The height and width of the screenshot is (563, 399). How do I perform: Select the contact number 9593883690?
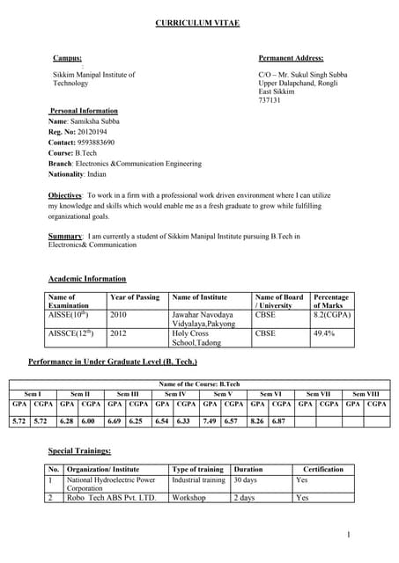click(x=94, y=142)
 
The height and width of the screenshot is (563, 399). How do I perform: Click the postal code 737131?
click(x=269, y=101)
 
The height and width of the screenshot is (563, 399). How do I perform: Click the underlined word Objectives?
click(x=65, y=194)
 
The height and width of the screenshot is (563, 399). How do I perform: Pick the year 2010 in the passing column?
click(x=119, y=314)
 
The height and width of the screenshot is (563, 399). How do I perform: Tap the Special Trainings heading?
click(x=79, y=450)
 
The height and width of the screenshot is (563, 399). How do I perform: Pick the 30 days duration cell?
click(x=248, y=481)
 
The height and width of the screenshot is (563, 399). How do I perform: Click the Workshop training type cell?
click(x=189, y=498)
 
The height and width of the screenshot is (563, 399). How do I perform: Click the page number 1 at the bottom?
click(x=349, y=534)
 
